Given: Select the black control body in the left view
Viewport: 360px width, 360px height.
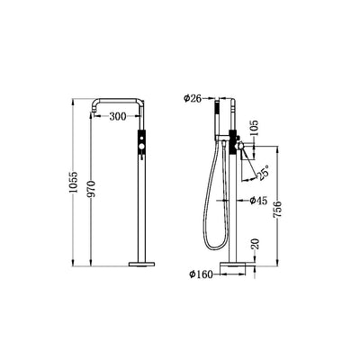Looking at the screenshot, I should point(139,146).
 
